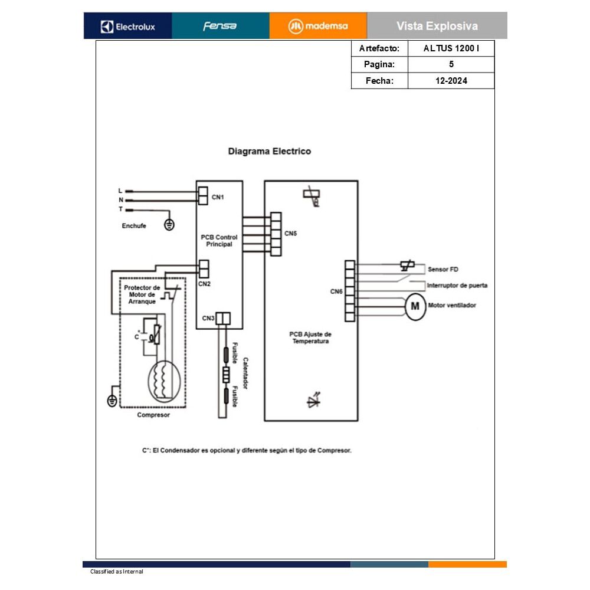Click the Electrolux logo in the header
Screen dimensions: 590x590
click(x=128, y=26)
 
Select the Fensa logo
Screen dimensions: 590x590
click(x=220, y=26)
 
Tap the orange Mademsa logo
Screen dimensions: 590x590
click(x=318, y=26)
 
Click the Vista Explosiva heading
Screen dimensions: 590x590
click(x=437, y=26)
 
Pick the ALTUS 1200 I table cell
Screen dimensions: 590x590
click(x=451, y=48)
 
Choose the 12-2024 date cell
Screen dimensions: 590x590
click(x=451, y=81)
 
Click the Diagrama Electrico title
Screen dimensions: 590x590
click(x=269, y=152)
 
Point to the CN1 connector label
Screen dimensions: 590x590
click(x=218, y=197)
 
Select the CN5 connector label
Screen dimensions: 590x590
click(x=290, y=234)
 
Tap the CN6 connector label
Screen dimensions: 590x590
click(x=336, y=291)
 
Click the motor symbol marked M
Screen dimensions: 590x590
click(x=415, y=306)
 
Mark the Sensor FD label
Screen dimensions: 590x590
click(x=442, y=270)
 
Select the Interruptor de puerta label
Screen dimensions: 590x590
click(x=457, y=286)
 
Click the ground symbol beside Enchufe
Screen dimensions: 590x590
click(x=169, y=224)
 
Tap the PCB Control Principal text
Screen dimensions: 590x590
click(x=219, y=241)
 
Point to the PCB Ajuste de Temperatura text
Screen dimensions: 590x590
click(x=310, y=337)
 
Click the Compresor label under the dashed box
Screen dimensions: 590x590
click(x=153, y=415)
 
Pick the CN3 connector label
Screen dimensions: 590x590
click(x=208, y=319)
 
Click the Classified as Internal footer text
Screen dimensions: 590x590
click(x=116, y=572)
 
